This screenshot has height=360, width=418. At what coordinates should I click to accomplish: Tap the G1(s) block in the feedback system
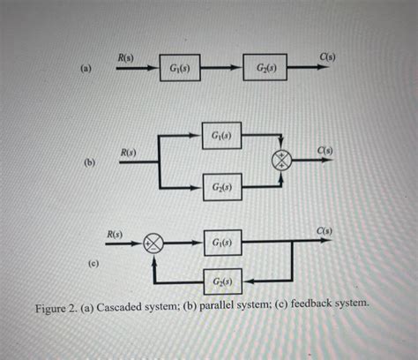pyautogui.click(x=221, y=242)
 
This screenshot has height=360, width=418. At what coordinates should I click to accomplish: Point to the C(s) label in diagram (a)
pyautogui.click(x=327, y=57)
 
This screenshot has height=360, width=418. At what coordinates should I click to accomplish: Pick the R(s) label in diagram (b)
pyautogui.click(x=130, y=154)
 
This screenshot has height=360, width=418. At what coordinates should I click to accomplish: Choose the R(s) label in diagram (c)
pyautogui.click(x=116, y=234)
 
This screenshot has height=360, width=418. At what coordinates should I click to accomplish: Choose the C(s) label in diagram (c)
pyautogui.click(x=325, y=232)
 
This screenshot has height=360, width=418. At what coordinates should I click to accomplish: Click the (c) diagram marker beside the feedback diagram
pyautogui.click(x=92, y=263)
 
